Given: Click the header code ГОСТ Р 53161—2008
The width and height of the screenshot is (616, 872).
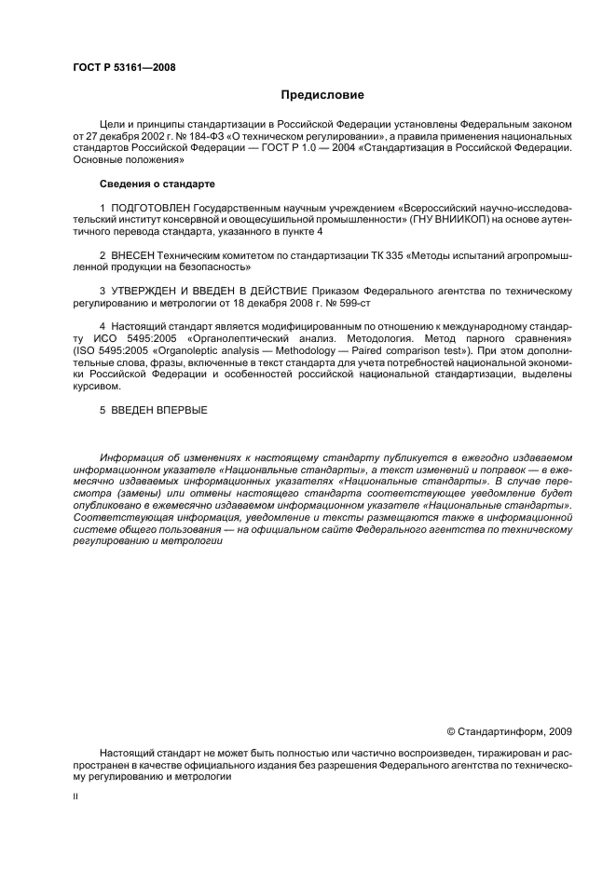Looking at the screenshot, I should [124, 67].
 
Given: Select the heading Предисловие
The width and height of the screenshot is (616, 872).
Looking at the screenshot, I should [322, 95].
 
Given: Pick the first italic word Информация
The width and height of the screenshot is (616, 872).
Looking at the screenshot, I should [134, 457].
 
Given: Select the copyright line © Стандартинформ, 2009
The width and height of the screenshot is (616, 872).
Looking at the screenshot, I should [510, 731].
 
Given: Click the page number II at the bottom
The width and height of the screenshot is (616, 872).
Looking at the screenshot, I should [76, 798].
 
